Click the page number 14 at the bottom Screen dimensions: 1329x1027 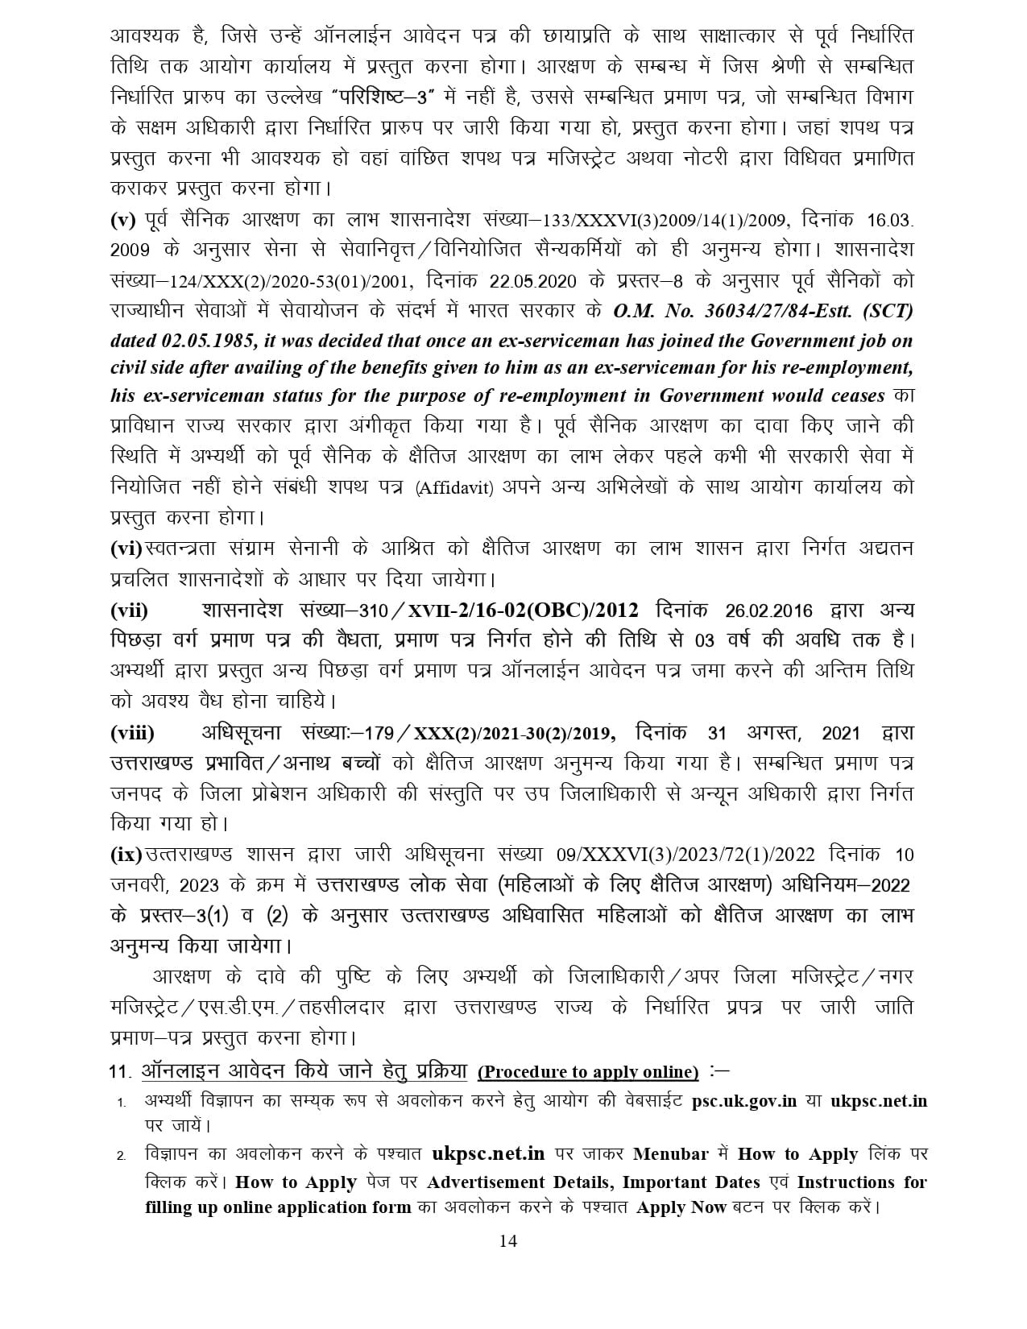[x=507, y=1241]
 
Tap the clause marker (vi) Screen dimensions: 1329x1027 [x=126, y=549]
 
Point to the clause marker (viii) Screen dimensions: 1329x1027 [x=133, y=733]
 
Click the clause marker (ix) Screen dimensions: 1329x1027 [x=126, y=855]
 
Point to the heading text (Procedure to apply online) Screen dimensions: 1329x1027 [x=589, y=1072]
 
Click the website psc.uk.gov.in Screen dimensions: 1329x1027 [x=744, y=1101]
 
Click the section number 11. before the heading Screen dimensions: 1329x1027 [x=120, y=1073]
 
